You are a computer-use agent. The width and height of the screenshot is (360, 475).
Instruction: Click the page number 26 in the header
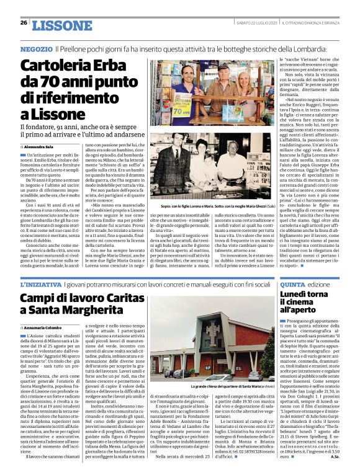click(24, 22)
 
